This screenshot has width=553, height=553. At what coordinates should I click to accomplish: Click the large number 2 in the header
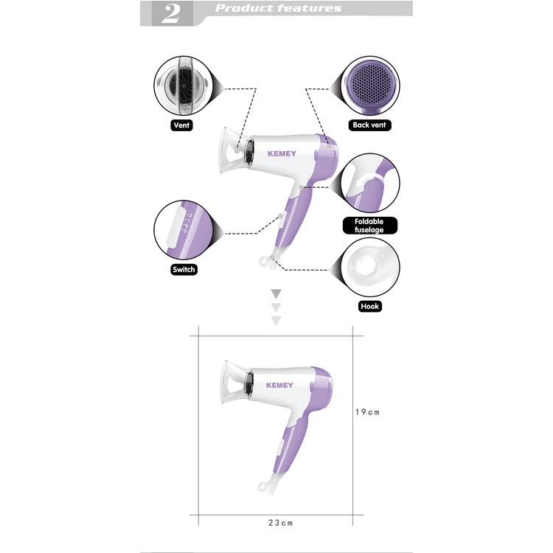point(171,14)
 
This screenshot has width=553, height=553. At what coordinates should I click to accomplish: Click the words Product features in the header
point(278,8)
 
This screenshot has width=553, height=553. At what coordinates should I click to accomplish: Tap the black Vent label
point(181,125)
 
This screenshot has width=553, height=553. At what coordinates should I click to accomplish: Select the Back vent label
point(369,125)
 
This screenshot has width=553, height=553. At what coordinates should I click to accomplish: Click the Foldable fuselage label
point(369,226)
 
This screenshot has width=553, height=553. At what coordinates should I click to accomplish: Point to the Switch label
point(184,269)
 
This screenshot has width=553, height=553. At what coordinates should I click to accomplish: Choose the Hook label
point(369,306)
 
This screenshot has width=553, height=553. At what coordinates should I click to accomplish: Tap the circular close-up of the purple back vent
point(369,86)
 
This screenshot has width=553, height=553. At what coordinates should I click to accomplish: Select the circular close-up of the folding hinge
point(369,183)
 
